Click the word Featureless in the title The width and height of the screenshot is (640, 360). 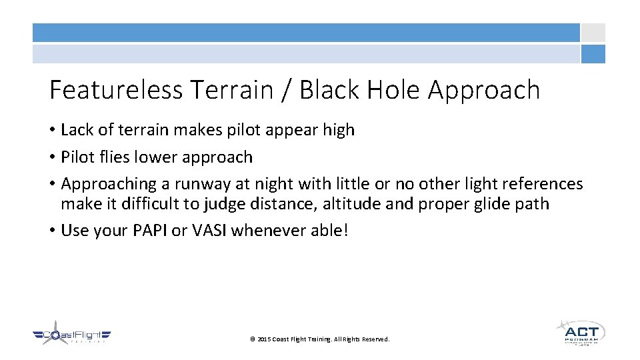coord(116,90)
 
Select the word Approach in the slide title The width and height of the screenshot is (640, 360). coord(484,90)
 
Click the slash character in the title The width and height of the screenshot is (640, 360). coord(285,90)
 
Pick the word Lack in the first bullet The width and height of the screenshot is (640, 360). coord(75,130)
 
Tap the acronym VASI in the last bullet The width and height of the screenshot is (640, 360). coord(209,231)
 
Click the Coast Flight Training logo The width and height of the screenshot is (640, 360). coord(71,336)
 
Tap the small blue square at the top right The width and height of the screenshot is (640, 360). coord(593,54)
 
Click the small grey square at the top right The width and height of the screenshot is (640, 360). coord(593,33)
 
